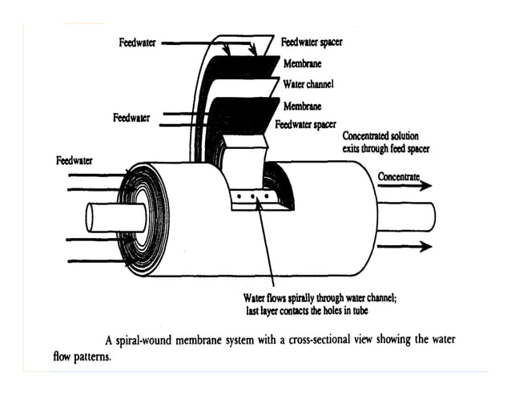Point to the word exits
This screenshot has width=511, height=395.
[x=355, y=149]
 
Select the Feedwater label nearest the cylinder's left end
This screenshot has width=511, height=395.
[x=74, y=161]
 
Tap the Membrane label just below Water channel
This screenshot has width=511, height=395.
[x=302, y=105]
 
